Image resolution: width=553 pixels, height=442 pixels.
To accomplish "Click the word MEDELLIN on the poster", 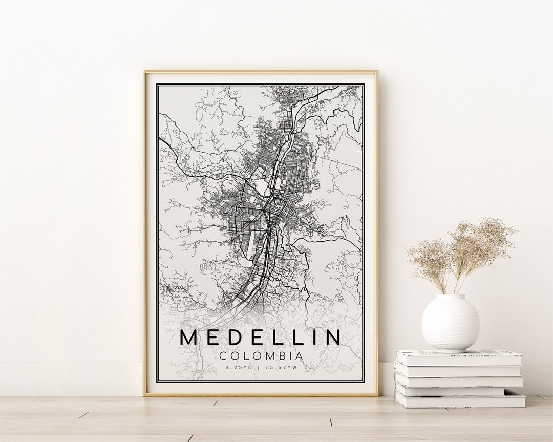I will click(261, 338).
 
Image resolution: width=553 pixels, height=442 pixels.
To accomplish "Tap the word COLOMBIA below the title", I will click(261, 355).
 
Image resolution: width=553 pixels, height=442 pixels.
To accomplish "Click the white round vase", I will click(451, 323).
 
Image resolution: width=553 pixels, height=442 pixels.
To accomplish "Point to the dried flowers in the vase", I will click(461, 251).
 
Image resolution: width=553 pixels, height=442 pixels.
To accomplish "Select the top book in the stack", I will click(458, 357).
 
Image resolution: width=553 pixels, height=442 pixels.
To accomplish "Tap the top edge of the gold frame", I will click(261, 71).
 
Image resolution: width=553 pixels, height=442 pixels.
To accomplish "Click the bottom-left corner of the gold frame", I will click(145, 395).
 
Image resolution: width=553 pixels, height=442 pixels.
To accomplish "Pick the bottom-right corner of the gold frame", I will click(377, 395).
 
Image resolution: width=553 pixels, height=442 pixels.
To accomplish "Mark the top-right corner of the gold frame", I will click(377, 71).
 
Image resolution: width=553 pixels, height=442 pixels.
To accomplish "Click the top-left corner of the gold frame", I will click(145, 71).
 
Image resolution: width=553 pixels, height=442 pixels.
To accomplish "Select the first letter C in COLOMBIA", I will click(223, 355).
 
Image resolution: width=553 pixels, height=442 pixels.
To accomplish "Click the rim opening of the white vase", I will click(451, 296).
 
